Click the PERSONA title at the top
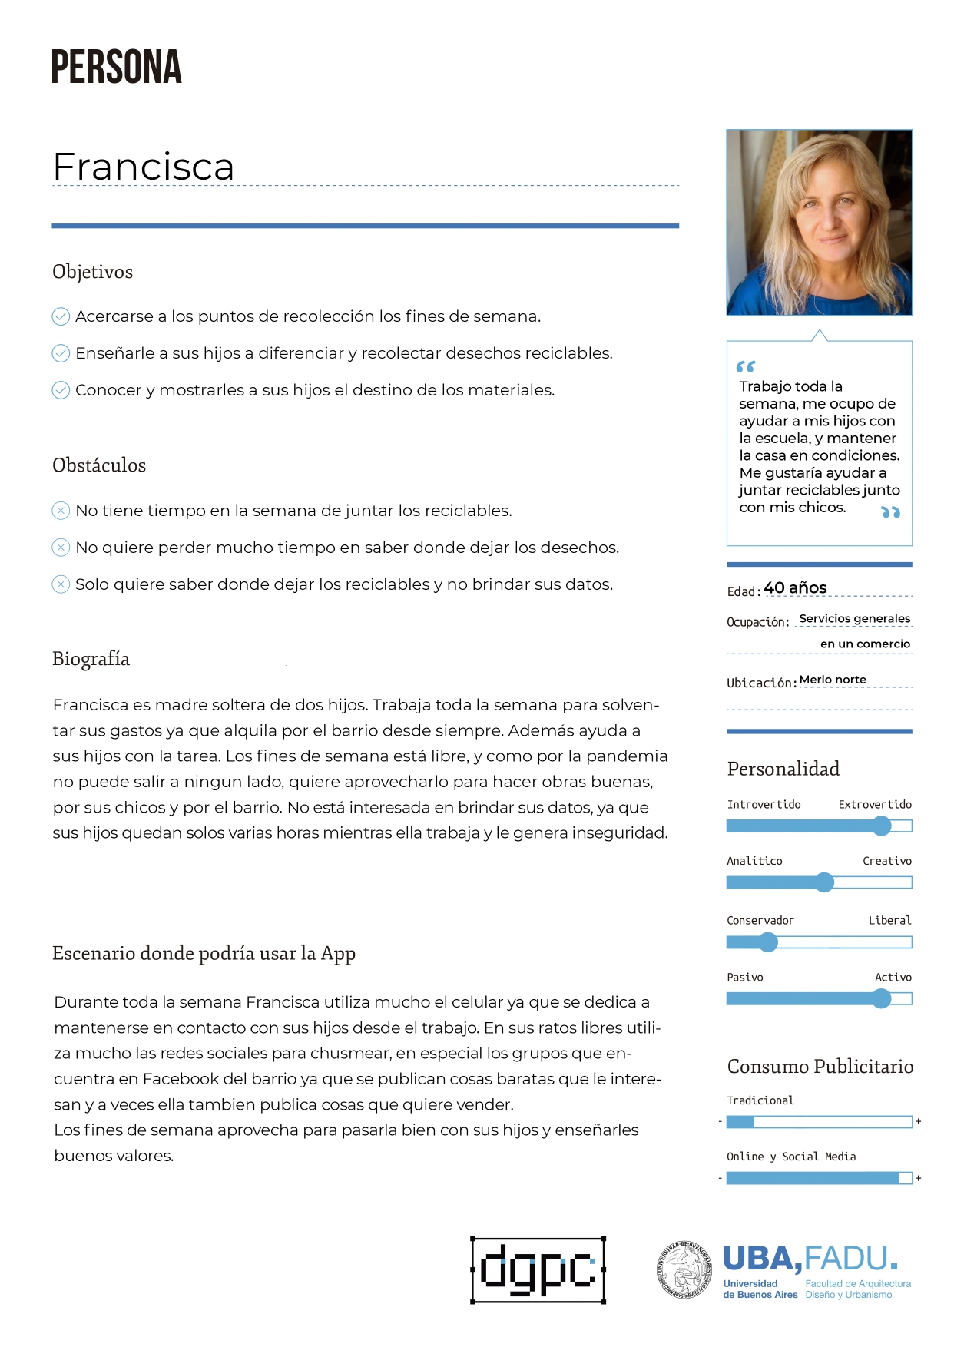click(116, 67)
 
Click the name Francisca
click(144, 167)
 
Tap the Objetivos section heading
click(92, 272)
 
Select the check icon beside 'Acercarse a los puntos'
click(61, 316)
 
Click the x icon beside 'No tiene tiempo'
click(61, 511)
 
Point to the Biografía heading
click(91, 659)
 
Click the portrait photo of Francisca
click(819, 223)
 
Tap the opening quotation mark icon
click(745, 366)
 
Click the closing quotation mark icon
click(890, 512)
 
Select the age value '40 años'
click(795, 588)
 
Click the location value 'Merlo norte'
click(833, 680)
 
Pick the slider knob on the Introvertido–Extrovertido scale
click(882, 826)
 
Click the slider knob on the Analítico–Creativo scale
click(824, 882)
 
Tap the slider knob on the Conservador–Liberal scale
click(768, 942)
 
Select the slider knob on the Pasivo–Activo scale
click(882, 998)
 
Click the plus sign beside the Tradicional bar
click(918, 1122)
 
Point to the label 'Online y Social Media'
click(791, 1157)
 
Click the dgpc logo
click(538, 1270)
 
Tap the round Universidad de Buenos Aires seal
click(684, 1270)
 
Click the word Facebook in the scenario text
click(181, 1079)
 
